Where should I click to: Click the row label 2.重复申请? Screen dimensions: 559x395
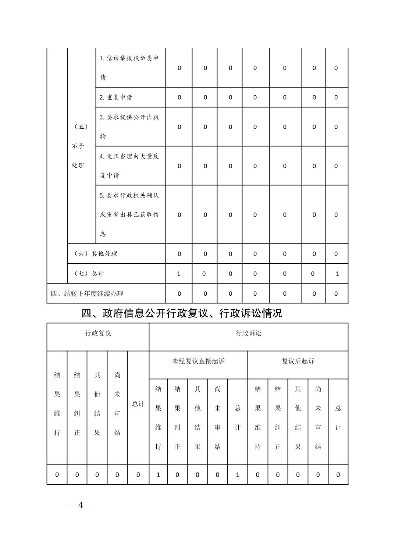click(x=116, y=97)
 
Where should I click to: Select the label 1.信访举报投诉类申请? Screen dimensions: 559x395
click(x=129, y=68)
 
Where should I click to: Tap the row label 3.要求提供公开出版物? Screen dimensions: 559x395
click(x=129, y=127)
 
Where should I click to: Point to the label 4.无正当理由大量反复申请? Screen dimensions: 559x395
click(x=129, y=166)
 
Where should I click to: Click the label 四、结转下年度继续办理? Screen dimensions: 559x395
click(x=87, y=293)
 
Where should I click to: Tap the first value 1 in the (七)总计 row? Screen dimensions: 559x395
click(x=179, y=274)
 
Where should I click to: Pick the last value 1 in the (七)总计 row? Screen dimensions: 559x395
click(x=337, y=274)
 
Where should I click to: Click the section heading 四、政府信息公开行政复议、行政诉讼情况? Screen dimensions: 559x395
click(x=182, y=313)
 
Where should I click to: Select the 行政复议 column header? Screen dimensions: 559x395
click(x=98, y=334)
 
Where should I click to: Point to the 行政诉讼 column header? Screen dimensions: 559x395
click(x=249, y=334)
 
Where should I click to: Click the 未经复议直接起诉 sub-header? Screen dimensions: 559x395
click(x=198, y=361)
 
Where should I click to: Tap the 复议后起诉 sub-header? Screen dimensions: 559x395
click(x=298, y=361)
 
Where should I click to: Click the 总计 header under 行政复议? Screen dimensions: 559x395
click(x=138, y=404)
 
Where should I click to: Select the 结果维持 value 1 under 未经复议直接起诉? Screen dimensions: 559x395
click(x=158, y=475)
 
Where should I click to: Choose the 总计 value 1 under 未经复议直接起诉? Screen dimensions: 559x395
click(x=238, y=475)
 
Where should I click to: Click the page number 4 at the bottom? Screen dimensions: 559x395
click(x=81, y=505)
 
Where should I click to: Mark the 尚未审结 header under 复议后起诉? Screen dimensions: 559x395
click(x=318, y=418)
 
